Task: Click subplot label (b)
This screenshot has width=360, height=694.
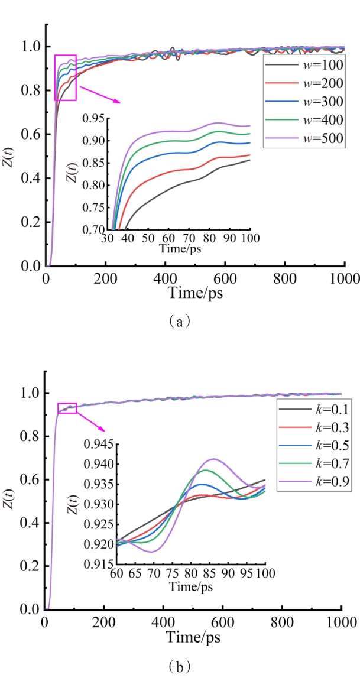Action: [x=180, y=667]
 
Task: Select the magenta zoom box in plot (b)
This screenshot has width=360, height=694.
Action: [x=67, y=408]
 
